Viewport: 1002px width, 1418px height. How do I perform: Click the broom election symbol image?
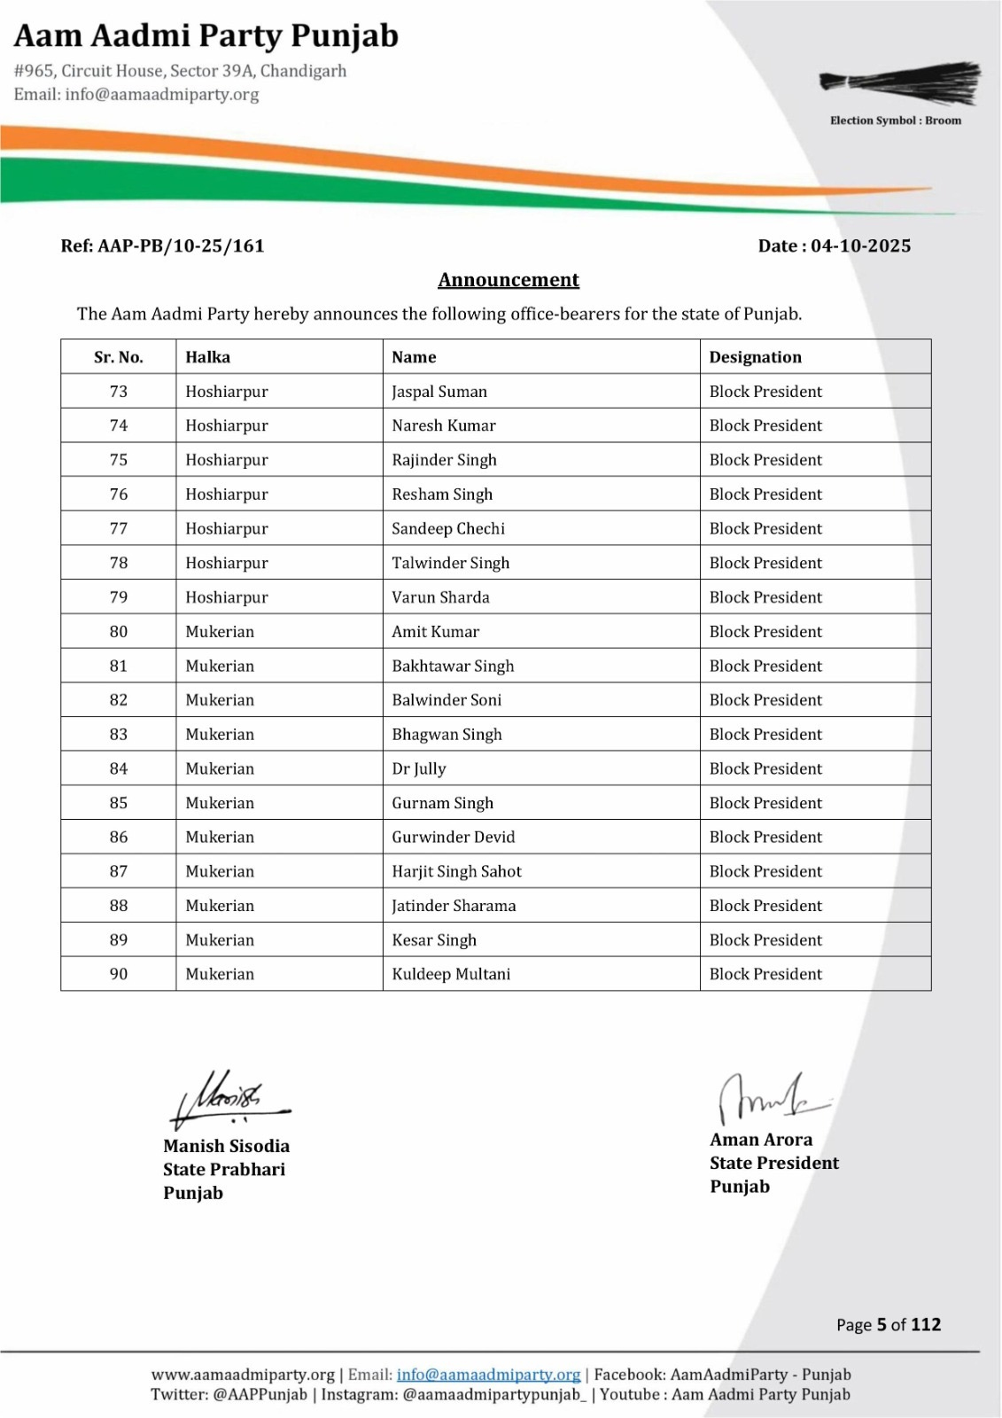(x=900, y=84)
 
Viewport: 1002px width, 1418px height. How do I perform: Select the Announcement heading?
(x=509, y=280)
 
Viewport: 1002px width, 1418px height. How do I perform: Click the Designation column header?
(x=755, y=357)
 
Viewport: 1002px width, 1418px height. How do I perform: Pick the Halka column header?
(x=207, y=357)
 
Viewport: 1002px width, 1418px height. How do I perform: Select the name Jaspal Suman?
(x=439, y=392)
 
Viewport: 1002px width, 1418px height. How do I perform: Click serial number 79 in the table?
(x=119, y=597)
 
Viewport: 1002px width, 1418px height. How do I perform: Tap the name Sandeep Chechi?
(x=448, y=529)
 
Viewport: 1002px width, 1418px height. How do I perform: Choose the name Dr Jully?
(x=419, y=769)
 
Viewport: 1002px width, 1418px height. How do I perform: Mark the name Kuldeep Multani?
(x=451, y=975)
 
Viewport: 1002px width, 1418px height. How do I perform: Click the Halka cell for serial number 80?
(x=220, y=632)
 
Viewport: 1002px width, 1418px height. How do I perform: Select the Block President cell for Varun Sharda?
(x=765, y=597)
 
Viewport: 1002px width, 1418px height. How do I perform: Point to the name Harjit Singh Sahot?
(x=456, y=872)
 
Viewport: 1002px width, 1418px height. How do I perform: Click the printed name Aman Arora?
(x=761, y=1140)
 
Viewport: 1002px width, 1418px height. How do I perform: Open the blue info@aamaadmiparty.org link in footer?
(x=488, y=1375)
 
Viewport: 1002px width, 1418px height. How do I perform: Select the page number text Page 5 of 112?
(x=888, y=1325)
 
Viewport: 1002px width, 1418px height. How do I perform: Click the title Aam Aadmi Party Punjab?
(x=206, y=36)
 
